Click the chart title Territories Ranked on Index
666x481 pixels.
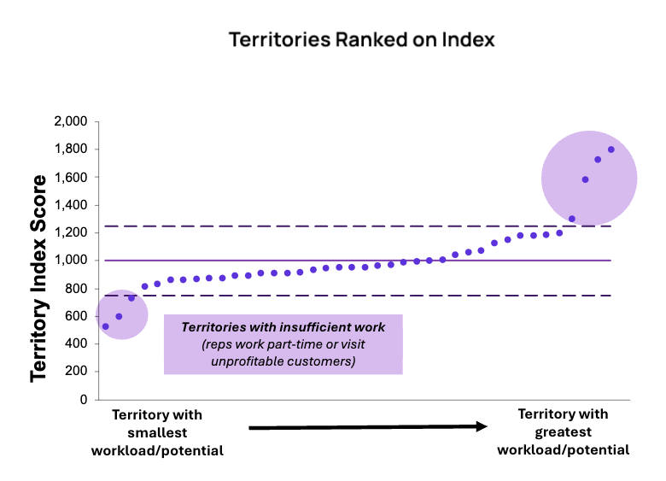click(361, 40)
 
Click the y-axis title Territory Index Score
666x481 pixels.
click(39, 279)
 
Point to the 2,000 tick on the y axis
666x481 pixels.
click(70, 121)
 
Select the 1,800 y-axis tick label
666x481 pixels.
click(70, 150)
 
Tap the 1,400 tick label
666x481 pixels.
click(70, 205)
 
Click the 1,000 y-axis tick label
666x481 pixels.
click(70, 261)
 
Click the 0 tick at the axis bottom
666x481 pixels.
click(84, 399)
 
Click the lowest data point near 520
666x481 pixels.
click(105, 326)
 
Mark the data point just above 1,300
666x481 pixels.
click(572, 219)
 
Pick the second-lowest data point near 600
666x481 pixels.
click(119, 316)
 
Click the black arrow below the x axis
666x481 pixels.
click(367, 426)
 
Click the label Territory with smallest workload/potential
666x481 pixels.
click(157, 432)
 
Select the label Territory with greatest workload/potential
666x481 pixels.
click(563, 431)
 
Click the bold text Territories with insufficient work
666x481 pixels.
click(283, 327)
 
